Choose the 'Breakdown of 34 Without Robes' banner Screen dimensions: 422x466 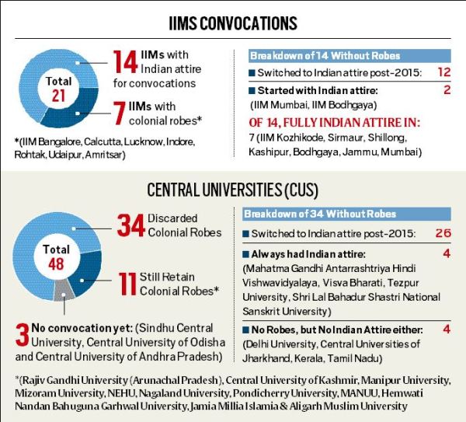point(321,214)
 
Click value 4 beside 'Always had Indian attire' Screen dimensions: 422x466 point(446,253)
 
